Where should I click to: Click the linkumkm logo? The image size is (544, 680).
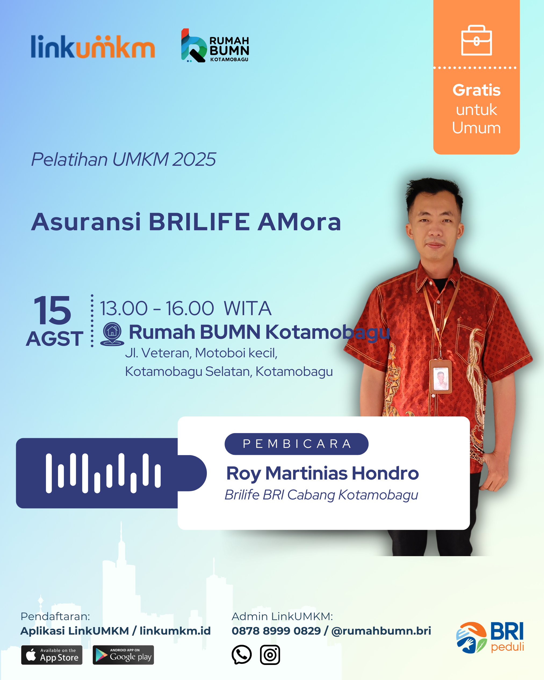(x=93, y=46)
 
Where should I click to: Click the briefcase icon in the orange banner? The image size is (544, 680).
(x=476, y=40)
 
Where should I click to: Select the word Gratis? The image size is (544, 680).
(x=476, y=90)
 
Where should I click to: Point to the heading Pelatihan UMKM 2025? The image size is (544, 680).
(x=123, y=159)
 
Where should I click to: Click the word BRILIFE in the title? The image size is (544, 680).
(x=199, y=222)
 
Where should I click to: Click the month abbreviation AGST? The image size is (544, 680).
(x=55, y=339)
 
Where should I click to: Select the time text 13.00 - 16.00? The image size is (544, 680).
(x=157, y=308)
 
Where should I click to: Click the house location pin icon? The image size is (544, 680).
(x=112, y=334)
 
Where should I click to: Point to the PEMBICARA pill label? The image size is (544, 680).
(x=296, y=444)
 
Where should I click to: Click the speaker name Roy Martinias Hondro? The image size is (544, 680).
(x=322, y=473)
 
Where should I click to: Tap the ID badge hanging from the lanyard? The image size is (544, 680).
(x=441, y=376)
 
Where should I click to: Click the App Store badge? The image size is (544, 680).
(x=52, y=655)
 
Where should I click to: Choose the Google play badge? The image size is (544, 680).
(x=123, y=655)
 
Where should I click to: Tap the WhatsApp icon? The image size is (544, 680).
(x=242, y=654)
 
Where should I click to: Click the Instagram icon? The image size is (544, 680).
(x=270, y=655)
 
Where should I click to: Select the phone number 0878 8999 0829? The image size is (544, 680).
(x=276, y=631)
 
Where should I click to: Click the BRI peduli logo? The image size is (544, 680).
(x=490, y=637)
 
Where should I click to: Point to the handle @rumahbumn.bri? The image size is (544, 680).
(x=381, y=631)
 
